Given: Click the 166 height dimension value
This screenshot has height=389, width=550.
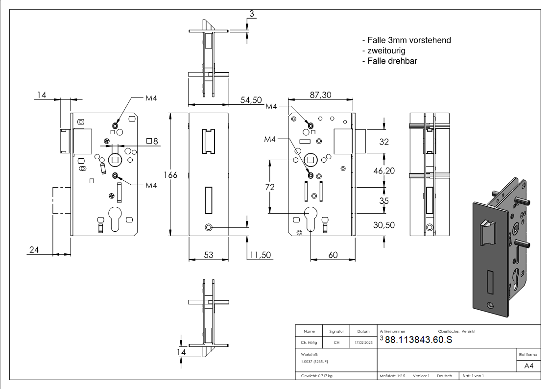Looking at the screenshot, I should (170, 175).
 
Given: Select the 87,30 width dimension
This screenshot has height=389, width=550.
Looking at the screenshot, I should (320, 95).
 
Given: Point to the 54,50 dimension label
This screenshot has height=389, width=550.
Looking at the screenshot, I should (251, 100).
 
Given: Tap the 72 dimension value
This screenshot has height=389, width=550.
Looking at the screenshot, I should (269, 187).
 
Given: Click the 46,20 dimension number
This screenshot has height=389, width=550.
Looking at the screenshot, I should (384, 170).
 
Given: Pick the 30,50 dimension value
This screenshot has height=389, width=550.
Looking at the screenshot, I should (384, 225).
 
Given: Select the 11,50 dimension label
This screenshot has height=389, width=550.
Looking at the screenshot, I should (260, 255).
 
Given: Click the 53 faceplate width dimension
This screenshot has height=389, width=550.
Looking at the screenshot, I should (208, 255).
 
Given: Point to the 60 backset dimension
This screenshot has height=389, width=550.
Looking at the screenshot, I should (333, 255).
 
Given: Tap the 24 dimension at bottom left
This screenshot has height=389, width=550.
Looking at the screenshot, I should (34, 249).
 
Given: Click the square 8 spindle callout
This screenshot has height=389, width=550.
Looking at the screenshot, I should (152, 142).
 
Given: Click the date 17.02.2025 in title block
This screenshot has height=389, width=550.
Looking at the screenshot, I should (363, 343).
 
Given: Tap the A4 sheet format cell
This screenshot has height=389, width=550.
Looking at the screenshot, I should (529, 366).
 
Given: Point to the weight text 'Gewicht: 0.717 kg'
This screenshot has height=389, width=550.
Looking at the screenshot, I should (317, 376).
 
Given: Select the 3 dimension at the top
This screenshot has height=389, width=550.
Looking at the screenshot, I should (251, 14).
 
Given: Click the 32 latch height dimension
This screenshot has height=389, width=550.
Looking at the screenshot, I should (384, 142).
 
